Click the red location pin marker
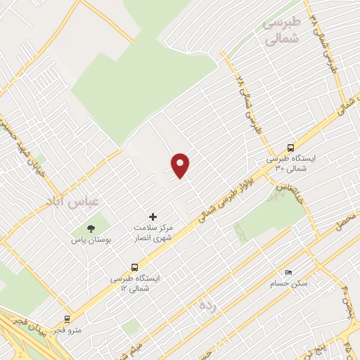coord(181,165)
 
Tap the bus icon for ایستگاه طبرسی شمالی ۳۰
coord(290,148)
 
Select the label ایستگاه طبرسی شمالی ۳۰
coord(290,165)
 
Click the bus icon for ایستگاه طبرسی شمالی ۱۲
coord(134,267)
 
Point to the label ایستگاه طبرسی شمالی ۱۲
coord(134,283)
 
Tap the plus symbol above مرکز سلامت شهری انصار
coord(153,217)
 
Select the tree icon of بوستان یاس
coord(91,227)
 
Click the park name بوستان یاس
coord(91,240)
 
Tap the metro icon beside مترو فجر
coord(67,318)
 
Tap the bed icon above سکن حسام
coord(288,272)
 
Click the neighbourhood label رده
coord(205,306)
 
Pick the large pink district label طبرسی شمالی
coord(281,32)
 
